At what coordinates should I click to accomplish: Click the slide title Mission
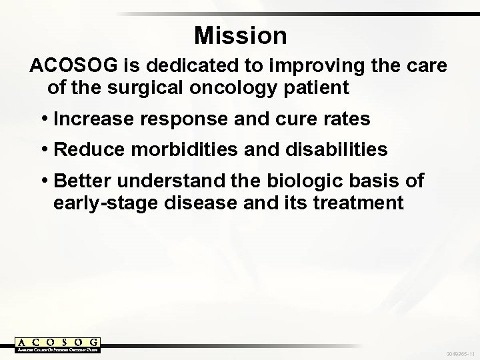click(240, 35)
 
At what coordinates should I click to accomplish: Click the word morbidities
click(179, 150)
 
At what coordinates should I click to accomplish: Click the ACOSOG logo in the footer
click(58, 345)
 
